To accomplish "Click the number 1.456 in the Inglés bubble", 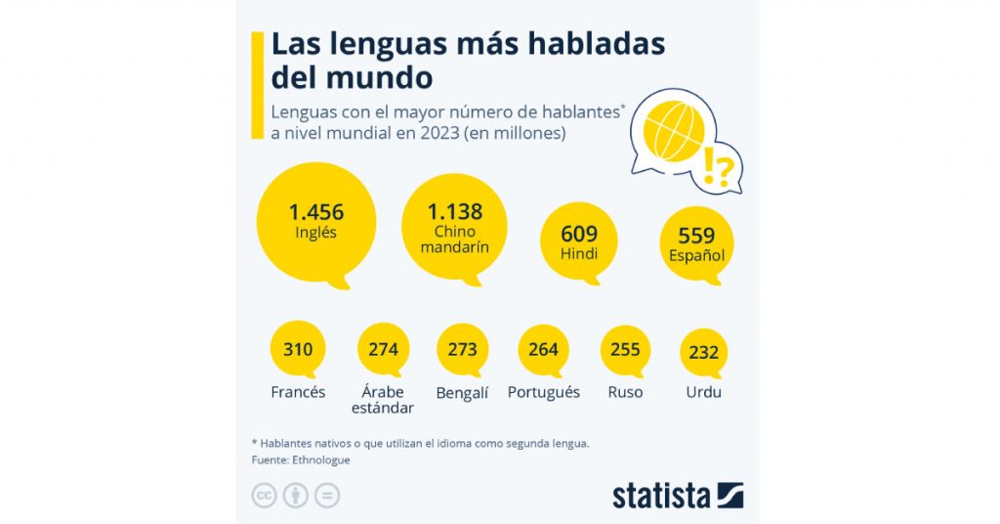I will click(315, 211).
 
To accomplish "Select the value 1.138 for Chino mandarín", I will click(455, 211).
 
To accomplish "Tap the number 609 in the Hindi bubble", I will click(579, 235).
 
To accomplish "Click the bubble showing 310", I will click(298, 349).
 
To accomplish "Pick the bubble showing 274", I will click(384, 349).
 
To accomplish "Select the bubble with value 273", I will click(462, 349).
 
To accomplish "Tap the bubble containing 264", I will click(543, 349).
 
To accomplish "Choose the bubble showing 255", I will click(625, 349).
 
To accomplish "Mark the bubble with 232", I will click(704, 352).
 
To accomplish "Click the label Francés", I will click(298, 393).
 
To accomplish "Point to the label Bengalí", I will click(462, 393).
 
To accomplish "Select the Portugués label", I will click(544, 393).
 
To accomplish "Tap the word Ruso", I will click(625, 393).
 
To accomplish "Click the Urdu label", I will click(704, 393).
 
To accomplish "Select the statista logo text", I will click(661, 496).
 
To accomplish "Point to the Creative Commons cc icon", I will click(264, 496).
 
